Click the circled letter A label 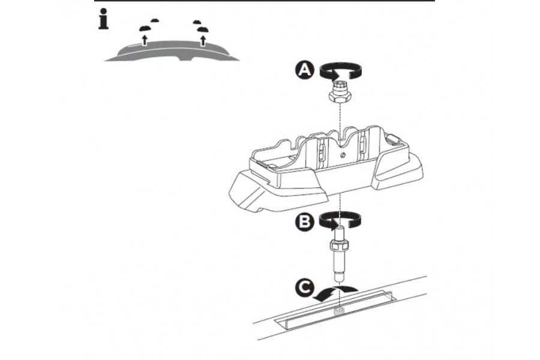304,70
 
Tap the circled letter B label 304,221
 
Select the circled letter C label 304,289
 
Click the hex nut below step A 340,95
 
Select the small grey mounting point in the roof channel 340,311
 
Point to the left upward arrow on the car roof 144,40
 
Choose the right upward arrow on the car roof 203,40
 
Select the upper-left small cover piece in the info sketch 155,20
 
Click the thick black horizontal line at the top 264,1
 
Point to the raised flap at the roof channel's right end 389,295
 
